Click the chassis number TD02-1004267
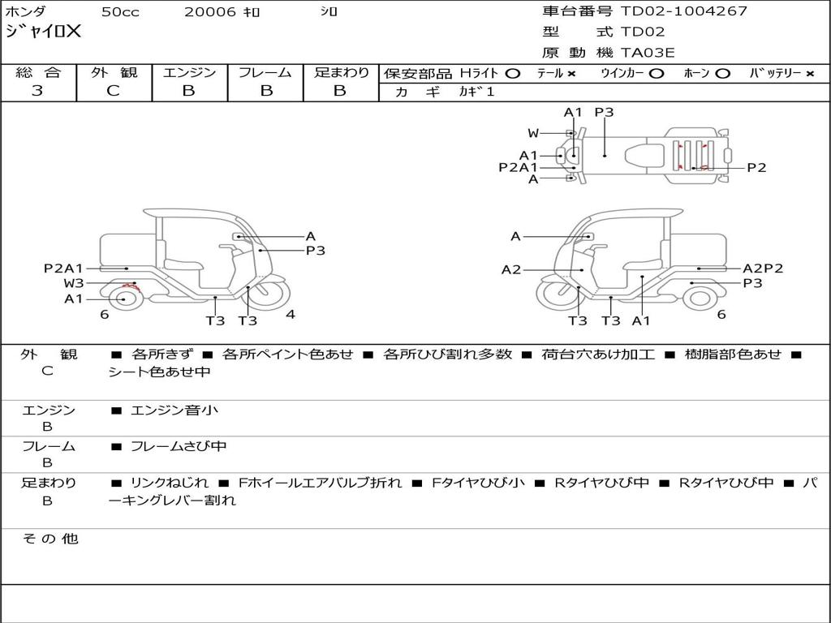pos(683,11)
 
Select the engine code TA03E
pos(647,53)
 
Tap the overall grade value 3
pos(37,91)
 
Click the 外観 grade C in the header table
pos(114,91)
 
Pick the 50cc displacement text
pos(120,12)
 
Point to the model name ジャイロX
pos(43,32)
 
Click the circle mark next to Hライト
pos(513,74)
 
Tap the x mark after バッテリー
pos(810,74)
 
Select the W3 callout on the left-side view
pos(74,283)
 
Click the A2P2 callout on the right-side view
pos(763,269)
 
